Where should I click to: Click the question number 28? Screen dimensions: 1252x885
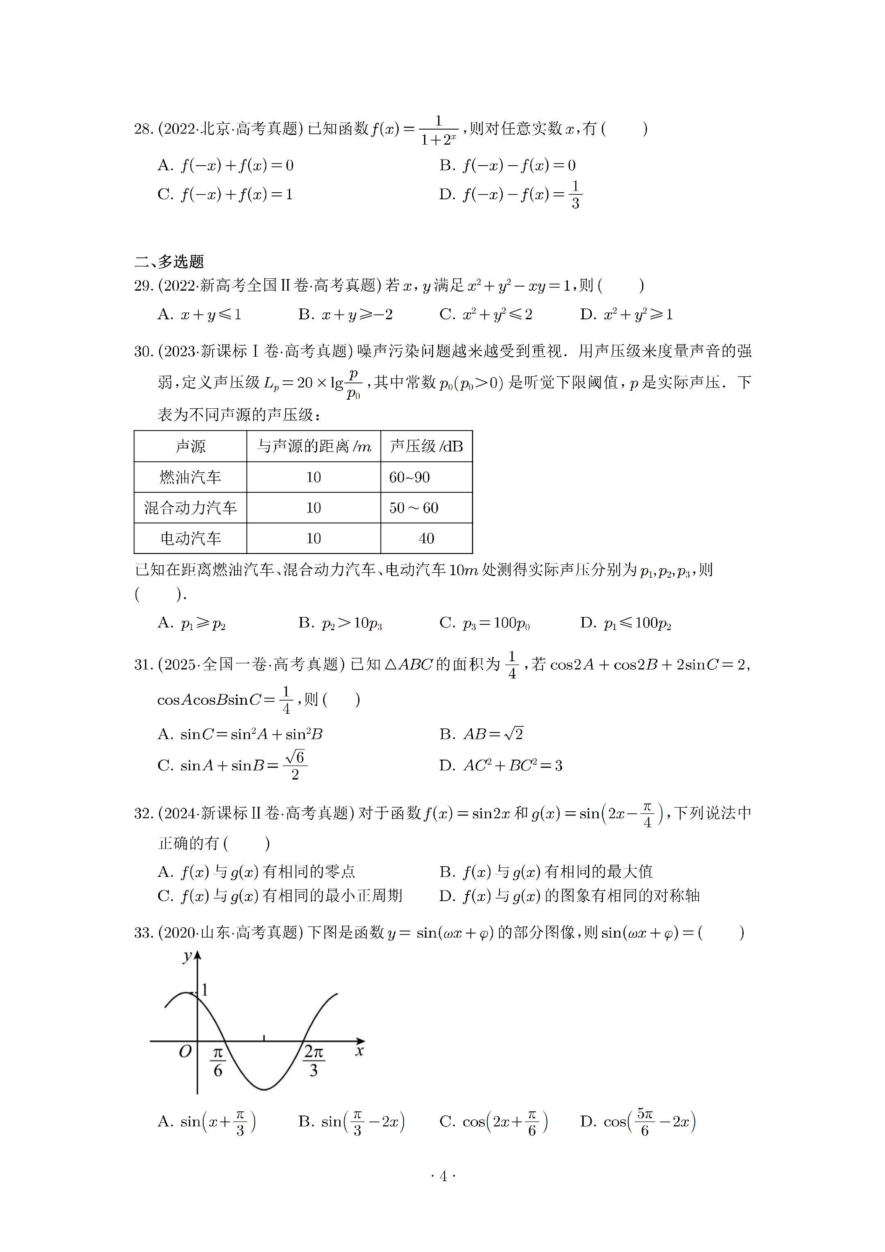click(144, 129)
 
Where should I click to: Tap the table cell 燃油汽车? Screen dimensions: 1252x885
click(190, 478)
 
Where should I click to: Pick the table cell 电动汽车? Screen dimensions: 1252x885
click(190, 539)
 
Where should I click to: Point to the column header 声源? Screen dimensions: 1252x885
click(190, 446)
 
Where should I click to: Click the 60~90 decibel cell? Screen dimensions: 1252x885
click(409, 478)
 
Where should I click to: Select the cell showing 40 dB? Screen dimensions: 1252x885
click(426, 539)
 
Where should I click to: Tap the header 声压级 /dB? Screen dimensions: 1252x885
click(426, 446)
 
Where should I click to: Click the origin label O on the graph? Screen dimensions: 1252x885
click(185, 1052)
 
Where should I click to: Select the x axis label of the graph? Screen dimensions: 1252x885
click(359, 1051)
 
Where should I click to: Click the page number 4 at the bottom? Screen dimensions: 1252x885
click(442, 1176)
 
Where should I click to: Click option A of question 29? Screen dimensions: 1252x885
click(199, 314)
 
